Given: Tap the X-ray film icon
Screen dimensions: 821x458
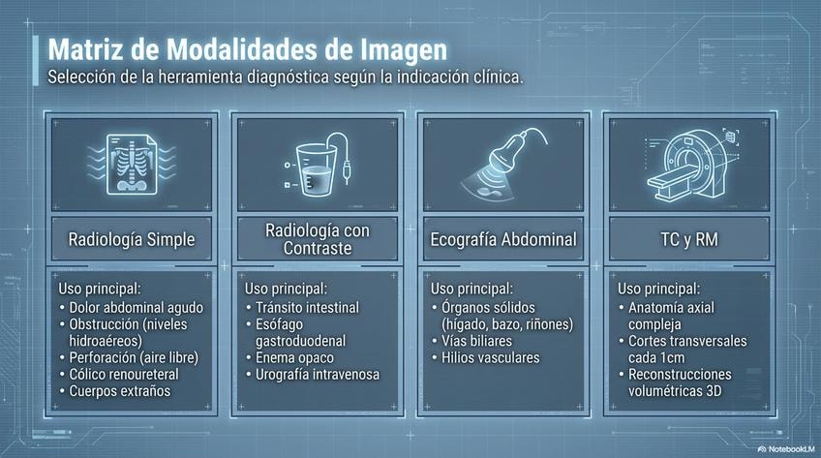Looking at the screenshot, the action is click(x=132, y=164).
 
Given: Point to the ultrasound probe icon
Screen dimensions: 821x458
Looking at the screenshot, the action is click(x=503, y=163).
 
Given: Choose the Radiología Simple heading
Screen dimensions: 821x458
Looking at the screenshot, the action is click(x=132, y=239).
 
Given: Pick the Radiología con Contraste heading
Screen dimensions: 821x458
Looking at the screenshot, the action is click(x=318, y=239).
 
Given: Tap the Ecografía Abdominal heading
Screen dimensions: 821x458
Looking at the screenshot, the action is click(x=503, y=239).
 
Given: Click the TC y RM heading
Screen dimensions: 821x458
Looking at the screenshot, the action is click(x=689, y=239).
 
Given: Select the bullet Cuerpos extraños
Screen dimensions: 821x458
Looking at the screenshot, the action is click(x=115, y=391).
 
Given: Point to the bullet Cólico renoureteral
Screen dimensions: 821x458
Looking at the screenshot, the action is click(x=119, y=375).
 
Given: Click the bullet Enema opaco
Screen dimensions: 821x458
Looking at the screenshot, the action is click(x=289, y=357).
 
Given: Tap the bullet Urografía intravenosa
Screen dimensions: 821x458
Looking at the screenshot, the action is click(x=313, y=375).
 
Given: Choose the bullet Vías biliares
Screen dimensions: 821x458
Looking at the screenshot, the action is click(x=471, y=341).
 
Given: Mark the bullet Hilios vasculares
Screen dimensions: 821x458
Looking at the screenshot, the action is click(x=485, y=357).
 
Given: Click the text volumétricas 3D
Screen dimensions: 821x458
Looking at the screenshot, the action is click(x=675, y=391).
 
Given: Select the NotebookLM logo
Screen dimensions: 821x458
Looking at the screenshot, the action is click(x=786, y=449).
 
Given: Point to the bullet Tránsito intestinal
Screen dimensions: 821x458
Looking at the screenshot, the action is click(x=302, y=307).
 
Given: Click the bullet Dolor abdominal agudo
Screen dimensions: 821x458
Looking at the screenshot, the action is click(x=131, y=307).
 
